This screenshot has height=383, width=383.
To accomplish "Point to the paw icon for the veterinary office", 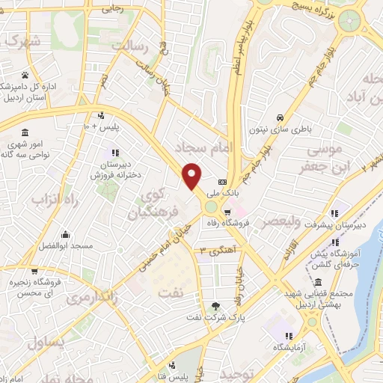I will coord(26,75).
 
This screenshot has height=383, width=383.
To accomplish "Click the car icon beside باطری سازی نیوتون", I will coord(279,118).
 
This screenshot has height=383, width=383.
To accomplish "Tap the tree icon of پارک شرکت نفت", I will coord(216,305).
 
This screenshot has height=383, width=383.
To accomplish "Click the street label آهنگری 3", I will coord(215,250).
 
